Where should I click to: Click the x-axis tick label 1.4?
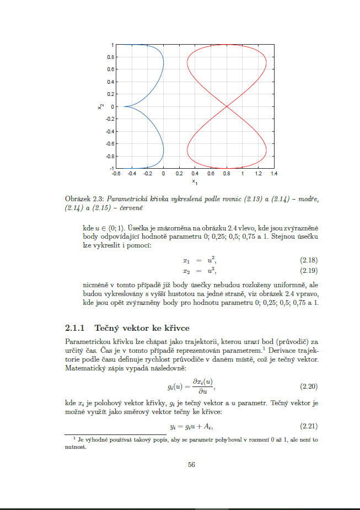[274, 173]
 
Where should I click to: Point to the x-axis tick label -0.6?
[116, 173]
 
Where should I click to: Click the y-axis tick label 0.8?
[110, 57]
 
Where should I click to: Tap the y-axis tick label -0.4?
[109, 131]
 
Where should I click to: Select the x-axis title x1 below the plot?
[195, 181]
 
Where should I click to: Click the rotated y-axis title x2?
[101, 106]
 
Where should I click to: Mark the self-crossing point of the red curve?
[227, 106]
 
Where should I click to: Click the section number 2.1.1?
[74, 328]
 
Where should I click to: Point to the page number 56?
[191, 465]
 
